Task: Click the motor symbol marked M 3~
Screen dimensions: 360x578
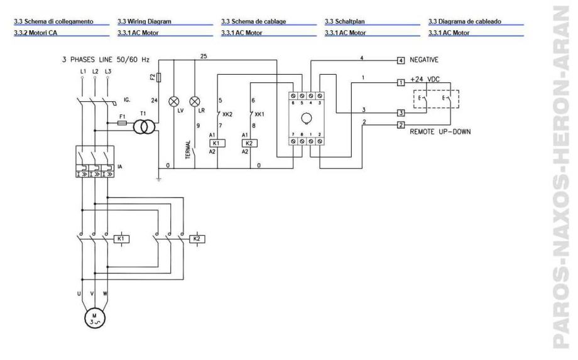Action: coord(92,319)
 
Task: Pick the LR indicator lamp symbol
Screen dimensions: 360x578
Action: coord(195,100)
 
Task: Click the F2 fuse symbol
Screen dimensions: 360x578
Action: coord(160,77)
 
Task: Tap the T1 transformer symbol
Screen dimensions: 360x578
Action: coord(143,126)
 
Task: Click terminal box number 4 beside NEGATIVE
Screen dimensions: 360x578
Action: coord(400,60)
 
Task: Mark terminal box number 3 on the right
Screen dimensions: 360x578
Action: coord(400,114)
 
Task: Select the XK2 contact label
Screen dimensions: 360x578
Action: coord(228,115)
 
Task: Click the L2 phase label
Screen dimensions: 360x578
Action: coord(95,72)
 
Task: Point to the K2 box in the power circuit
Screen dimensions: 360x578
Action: coord(196,239)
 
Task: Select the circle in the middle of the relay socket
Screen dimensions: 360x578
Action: coord(307,117)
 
